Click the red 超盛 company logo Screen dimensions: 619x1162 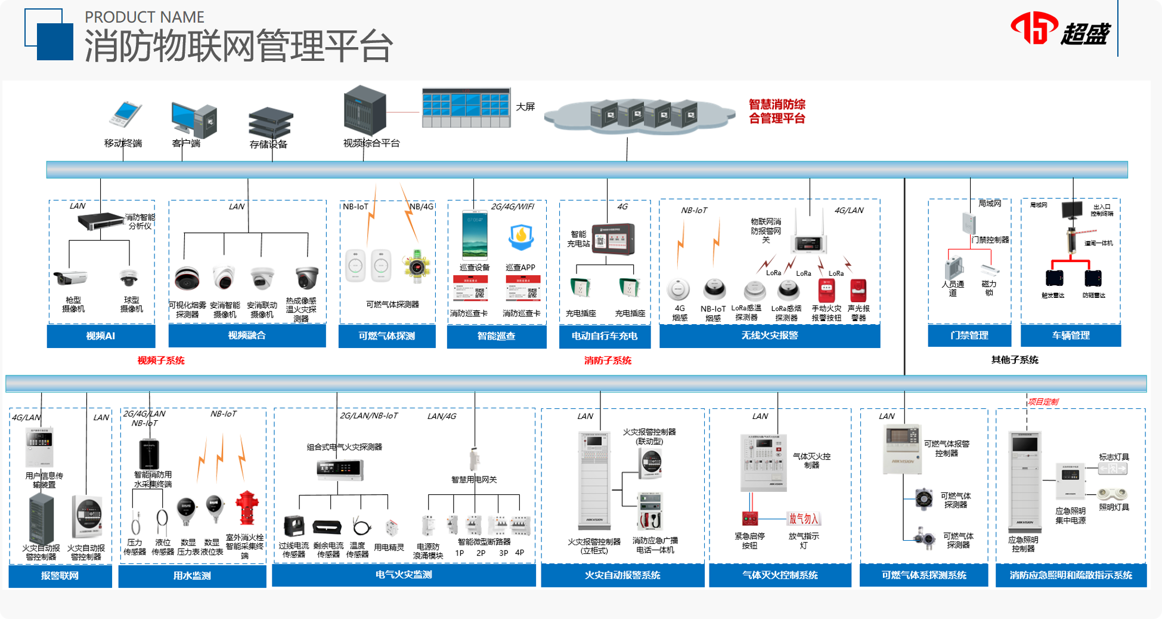pos(1060,29)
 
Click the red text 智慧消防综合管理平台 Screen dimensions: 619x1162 pos(777,111)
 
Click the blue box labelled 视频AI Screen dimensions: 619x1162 pos(101,336)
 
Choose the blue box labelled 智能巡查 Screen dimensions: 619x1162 pos(496,336)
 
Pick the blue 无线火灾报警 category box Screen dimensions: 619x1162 pos(769,336)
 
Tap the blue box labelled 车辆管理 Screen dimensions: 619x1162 pos(1071,335)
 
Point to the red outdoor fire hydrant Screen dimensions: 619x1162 pos(246,508)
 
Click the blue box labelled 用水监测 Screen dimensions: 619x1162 pos(192,576)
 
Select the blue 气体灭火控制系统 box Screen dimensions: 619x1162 pos(780,575)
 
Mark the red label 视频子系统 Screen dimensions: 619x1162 pos(161,361)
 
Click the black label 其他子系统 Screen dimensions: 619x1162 pos(1015,360)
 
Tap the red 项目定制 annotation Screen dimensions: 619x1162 pos(1043,402)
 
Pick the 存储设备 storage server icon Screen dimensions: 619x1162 pos(270,122)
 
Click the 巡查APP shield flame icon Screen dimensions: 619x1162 pos(520,238)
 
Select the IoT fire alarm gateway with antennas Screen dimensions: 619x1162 pos(808,239)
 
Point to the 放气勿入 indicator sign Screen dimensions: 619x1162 pos(804,519)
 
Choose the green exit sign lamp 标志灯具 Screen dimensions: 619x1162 pos(1113,469)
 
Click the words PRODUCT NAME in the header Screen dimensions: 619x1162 pos(144,17)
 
